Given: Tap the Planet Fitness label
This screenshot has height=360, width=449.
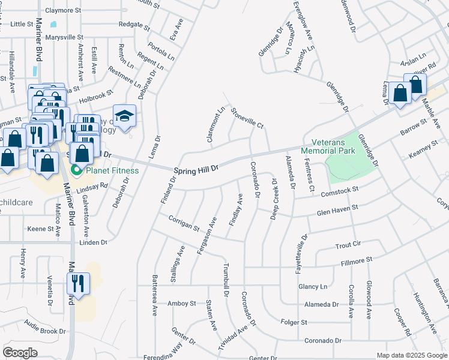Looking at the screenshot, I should [x=111, y=170].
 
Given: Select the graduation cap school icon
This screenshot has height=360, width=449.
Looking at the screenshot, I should [x=125, y=117].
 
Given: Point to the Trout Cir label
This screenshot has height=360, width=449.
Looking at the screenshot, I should [x=348, y=245].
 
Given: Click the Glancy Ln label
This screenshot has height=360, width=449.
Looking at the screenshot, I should [x=315, y=287].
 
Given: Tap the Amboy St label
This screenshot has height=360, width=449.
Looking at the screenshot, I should [x=182, y=304].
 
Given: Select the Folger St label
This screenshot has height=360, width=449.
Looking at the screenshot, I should [x=294, y=322].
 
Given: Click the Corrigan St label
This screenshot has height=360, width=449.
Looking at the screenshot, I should [x=184, y=223].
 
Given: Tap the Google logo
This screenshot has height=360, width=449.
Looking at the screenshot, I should [x=20, y=353].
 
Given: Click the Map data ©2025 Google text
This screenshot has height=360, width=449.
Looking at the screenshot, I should [x=411, y=355].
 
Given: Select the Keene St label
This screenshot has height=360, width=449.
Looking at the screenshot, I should [x=41, y=229].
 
